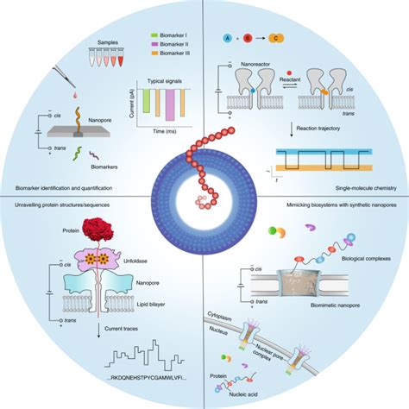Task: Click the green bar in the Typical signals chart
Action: pos(148,103)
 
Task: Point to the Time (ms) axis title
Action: pos(161,134)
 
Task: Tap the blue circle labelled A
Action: pos(227,39)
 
